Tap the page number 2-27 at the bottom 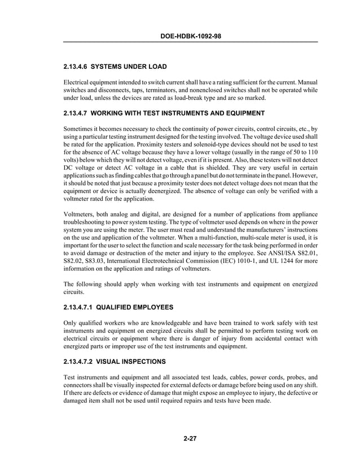tap(190, 439)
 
